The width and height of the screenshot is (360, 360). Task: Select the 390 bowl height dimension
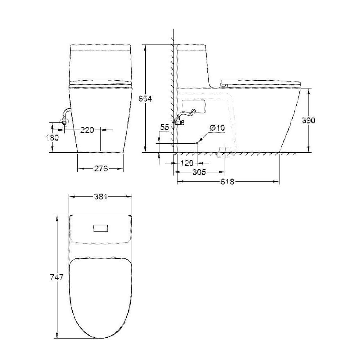pos(308,120)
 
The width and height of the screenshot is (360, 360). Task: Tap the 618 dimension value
pos(227,182)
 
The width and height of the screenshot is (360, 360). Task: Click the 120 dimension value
pos(187,163)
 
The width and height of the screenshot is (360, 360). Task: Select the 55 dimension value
pos(165,127)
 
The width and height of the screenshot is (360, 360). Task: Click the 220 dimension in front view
pos(87,130)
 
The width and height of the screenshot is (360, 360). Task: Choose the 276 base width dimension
pos(101,168)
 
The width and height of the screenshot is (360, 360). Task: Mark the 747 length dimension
pos(57,277)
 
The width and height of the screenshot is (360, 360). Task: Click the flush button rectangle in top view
pos(101,229)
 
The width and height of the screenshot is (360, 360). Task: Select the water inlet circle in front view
pos(64,122)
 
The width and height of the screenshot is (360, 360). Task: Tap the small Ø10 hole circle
pos(197,143)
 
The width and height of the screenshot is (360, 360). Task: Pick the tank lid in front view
pos(101,47)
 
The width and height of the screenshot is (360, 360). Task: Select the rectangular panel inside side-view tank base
pos(193,106)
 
